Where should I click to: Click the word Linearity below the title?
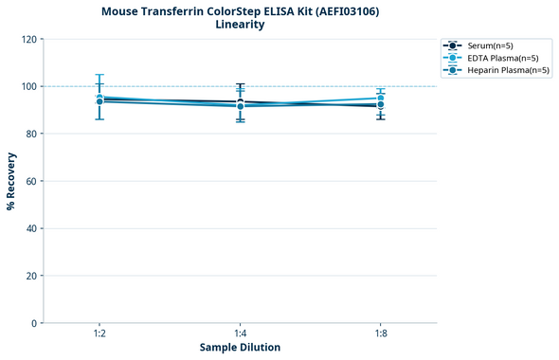tap(240, 25)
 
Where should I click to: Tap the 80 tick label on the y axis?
tap(29, 134)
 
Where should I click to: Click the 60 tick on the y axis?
tap(29, 181)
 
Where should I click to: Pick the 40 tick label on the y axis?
tap(29, 228)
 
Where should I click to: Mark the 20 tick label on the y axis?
tap(29, 276)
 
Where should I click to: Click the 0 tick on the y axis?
tap(32, 323)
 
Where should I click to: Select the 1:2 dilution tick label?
tap(99, 334)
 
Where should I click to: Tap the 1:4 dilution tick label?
tap(240, 334)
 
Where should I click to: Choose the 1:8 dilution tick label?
tap(380, 334)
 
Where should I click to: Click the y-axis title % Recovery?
tap(10, 181)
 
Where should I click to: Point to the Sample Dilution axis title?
tap(240, 348)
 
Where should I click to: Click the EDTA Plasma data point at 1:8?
tap(380, 99)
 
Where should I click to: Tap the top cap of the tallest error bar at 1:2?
tap(99, 75)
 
